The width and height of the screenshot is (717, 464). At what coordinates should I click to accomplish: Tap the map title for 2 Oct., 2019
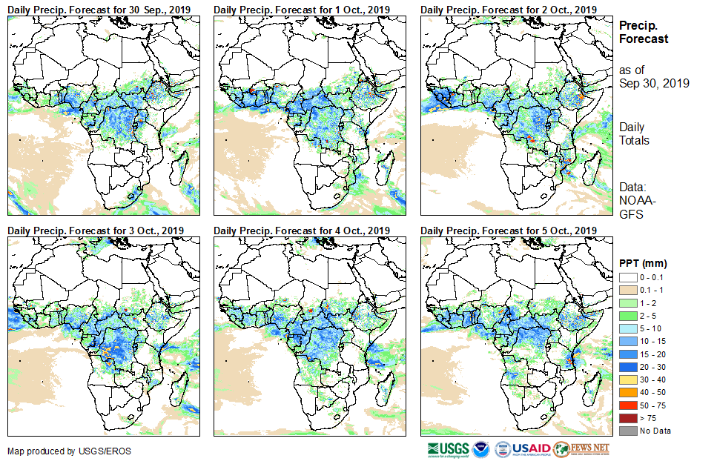[509, 10]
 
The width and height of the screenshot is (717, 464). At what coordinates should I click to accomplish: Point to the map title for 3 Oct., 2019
[95, 231]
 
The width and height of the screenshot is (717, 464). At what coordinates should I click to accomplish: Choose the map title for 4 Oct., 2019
[302, 231]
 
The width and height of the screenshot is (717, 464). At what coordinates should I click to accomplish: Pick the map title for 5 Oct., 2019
[509, 231]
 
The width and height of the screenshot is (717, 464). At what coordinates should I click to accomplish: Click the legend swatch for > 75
[628, 419]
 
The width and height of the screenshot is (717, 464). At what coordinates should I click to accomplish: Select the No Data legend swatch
[628, 431]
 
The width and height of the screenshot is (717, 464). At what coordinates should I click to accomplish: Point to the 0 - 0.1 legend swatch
[628, 276]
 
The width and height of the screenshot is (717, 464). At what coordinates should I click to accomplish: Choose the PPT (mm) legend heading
[644, 263]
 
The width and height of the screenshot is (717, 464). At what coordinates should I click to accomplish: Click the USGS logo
[449, 449]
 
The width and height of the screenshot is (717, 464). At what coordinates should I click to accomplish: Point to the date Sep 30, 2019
[654, 84]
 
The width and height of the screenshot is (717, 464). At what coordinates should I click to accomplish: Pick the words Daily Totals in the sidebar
[635, 134]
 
